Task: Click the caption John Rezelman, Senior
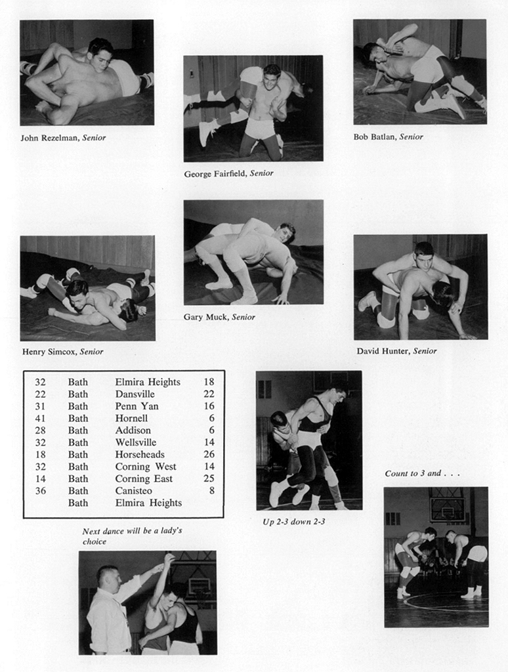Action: point(63,138)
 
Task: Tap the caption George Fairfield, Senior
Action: point(228,173)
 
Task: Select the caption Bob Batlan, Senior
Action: point(388,136)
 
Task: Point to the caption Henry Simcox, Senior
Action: point(62,351)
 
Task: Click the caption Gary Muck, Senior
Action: point(219,317)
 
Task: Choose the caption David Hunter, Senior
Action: point(396,350)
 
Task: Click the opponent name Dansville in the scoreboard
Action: point(135,394)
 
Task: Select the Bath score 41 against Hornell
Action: point(41,418)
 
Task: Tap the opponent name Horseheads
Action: point(140,454)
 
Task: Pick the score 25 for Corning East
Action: point(209,478)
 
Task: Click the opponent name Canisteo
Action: point(134,490)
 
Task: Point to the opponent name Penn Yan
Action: point(137,406)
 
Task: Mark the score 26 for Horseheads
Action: point(209,454)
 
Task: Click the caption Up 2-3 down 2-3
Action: point(293,522)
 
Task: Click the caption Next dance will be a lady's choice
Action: point(131,536)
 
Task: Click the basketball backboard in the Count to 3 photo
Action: point(448,509)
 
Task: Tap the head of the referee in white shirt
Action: point(108,578)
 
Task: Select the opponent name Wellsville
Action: point(136,442)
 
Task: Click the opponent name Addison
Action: point(133,430)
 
